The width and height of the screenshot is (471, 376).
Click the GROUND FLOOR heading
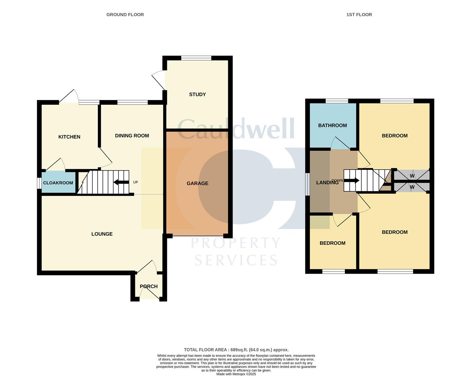click(125, 15)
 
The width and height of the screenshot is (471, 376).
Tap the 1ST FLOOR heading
click(359, 15)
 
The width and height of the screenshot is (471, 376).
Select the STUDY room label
click(197, 94)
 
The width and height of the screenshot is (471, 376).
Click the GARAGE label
click(197, 183)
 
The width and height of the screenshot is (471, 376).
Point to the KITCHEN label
click(69, 137)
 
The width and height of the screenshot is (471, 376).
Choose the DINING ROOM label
click(132, 136)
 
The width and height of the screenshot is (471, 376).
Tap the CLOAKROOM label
click(58, 183)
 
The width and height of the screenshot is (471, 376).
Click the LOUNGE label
click(102, 234)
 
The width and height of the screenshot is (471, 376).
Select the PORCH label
click(149, 287)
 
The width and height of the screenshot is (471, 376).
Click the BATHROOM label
click(332, 125)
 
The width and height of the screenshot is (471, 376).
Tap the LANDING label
click(327, 182)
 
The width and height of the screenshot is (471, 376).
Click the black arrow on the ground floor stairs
click(120, 182)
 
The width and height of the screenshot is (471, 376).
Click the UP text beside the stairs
click(136, 182)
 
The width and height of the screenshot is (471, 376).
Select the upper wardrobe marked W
click(412, 176)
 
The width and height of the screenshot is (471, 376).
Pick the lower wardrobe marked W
click(412, 187)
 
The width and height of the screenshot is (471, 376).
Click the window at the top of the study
click(196, 58)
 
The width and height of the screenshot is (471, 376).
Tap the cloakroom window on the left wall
click(39, 183)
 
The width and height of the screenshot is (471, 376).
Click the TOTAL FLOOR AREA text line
click(236, 350)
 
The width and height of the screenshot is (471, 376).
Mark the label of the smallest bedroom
click(332, 243)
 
